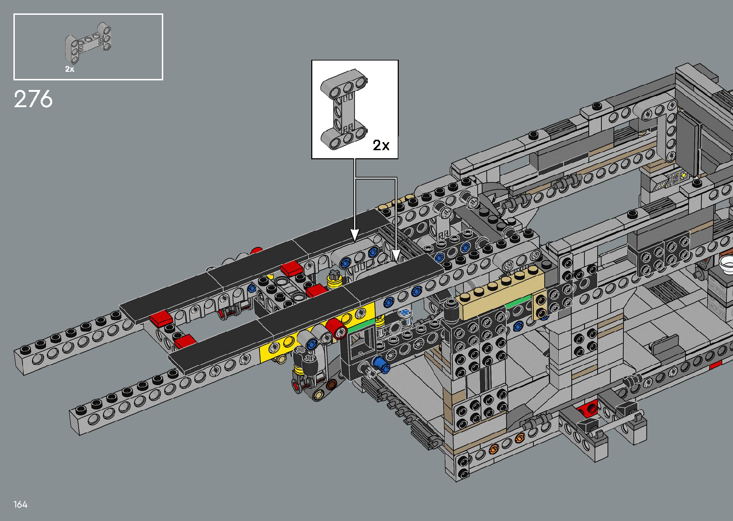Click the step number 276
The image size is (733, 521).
click(x=33, y=99)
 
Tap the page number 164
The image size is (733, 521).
click(x=20, y=504)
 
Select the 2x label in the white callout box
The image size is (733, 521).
click(x=381, y=145)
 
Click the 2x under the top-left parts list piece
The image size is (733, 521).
click(x=70, y=69)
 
